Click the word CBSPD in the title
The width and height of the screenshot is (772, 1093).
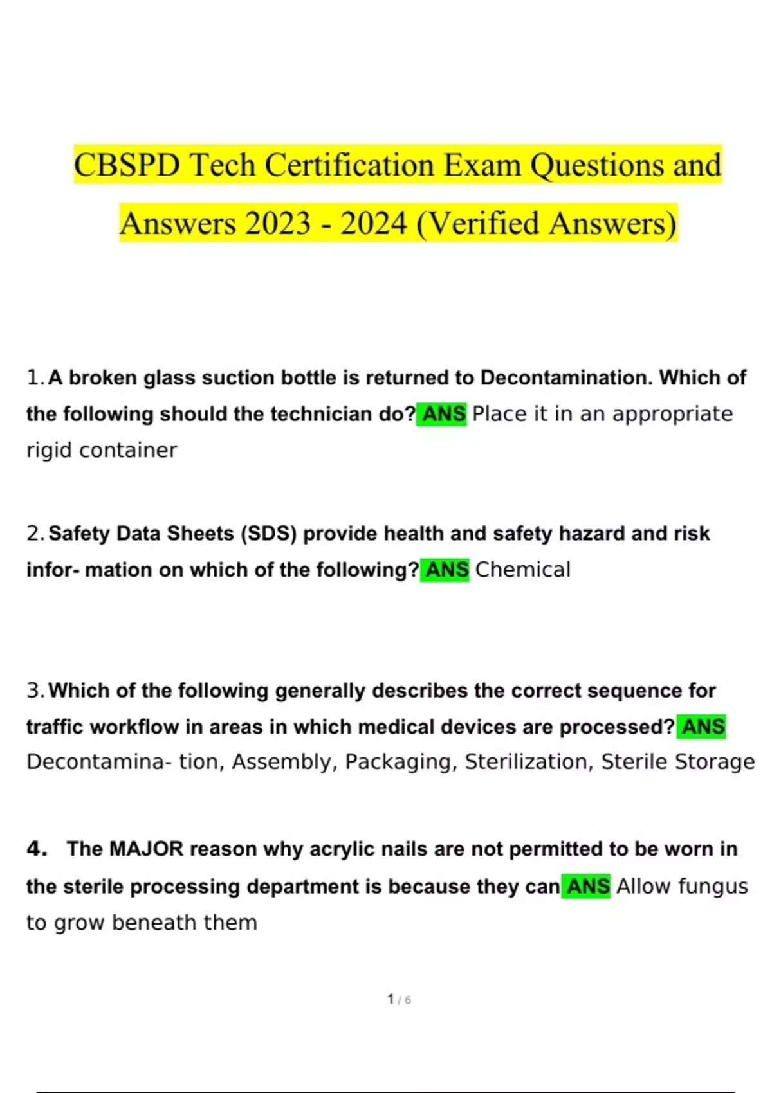127,165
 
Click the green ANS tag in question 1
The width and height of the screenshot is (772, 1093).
442,414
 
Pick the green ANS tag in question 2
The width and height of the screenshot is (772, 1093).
445,570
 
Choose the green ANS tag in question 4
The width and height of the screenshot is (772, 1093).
586,887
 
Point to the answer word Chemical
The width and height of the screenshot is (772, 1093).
522,570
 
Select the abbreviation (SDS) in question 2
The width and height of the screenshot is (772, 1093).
268,534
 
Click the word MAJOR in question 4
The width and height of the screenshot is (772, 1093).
146,849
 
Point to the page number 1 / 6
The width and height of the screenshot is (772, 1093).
399,999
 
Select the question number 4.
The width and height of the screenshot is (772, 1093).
37,849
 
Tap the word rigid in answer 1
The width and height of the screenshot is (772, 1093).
49,451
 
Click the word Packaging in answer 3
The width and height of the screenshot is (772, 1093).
400,762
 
